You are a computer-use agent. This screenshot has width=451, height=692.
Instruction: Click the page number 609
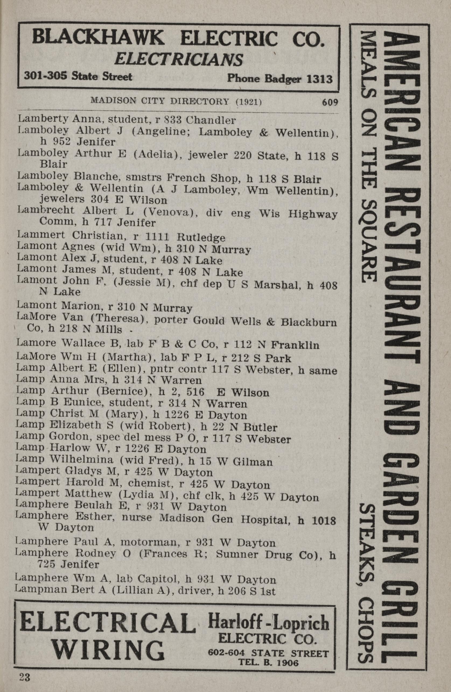[330, 102]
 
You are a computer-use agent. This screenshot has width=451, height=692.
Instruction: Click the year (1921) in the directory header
[249, 102]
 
